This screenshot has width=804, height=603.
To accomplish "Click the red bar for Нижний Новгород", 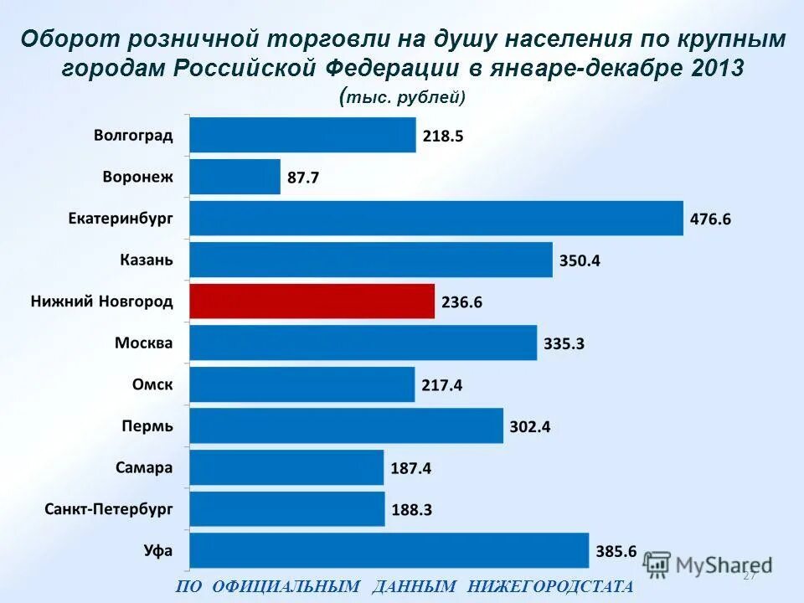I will point(312,301).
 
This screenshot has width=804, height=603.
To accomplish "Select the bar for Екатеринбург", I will point(435,219).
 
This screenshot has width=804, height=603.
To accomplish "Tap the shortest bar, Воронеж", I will point(234,177).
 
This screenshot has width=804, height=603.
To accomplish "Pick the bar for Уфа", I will point(389,551).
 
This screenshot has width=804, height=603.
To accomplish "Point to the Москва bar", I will point(363,343).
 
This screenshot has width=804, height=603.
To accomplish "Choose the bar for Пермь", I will point(346,426).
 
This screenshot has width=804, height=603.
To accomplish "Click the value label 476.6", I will point(710,219).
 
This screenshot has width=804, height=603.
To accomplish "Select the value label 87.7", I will point(302,178).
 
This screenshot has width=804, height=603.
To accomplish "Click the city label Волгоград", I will point(133,136).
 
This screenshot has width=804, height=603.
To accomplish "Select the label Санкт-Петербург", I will point(109,509).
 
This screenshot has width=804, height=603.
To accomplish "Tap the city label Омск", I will point(152,384).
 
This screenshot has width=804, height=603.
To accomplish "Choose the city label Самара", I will point(143,467).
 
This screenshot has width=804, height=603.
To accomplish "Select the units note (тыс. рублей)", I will point(403,97).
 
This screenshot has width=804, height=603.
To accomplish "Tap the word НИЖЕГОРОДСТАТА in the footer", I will point(550,586).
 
